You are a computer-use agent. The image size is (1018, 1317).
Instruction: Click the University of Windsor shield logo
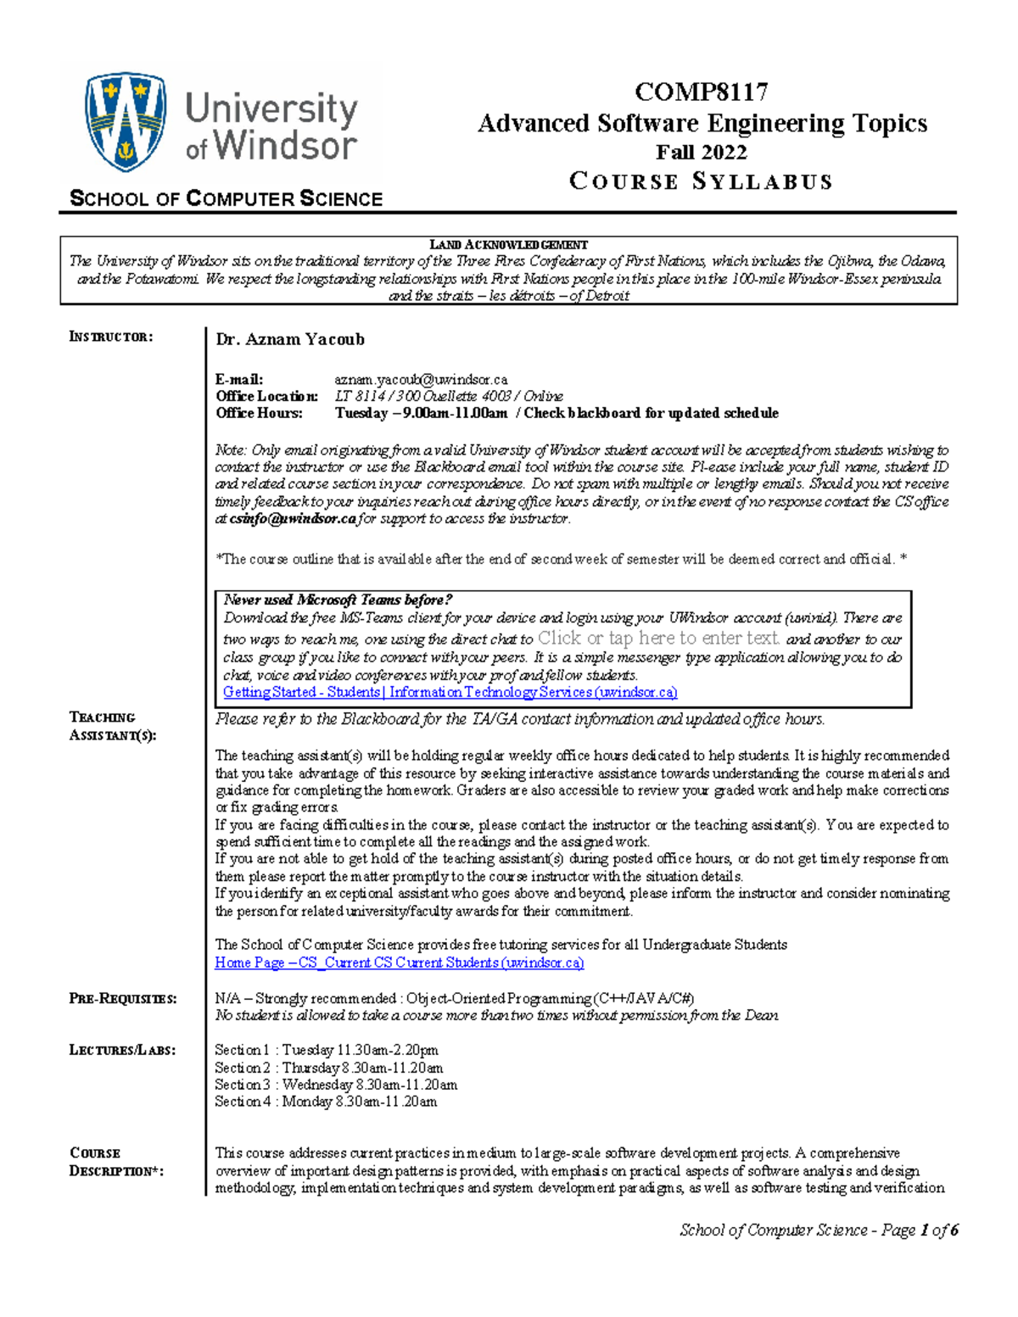pos(125,121)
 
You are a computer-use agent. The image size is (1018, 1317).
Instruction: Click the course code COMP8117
pos(701,92)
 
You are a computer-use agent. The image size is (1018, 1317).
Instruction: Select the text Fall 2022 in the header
pos(701,153)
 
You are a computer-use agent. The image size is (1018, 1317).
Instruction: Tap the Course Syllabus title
pos(701,181)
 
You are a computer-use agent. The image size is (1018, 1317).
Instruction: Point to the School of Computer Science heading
pos(226,199)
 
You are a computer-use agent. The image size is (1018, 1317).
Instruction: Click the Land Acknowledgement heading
pos(508,245)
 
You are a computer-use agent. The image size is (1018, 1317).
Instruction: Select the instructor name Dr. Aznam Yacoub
pos(289,339)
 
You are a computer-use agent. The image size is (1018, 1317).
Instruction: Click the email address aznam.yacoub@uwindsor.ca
pos(421,379)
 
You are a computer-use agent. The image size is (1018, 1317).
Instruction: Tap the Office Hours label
pos(259,413)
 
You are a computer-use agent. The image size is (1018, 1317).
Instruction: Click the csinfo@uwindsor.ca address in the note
pos(293,519)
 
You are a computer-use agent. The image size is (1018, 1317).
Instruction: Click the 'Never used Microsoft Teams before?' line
pos(338,600)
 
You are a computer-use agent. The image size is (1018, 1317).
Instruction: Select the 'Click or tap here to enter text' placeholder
pos(658,639)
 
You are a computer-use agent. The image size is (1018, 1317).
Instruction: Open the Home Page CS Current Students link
pos(399,963)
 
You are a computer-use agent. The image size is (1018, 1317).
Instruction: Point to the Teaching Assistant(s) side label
pos(112,727)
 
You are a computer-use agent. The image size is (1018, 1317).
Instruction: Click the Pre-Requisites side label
pos(122,999)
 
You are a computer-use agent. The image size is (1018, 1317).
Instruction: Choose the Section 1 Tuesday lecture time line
pos(326,1050)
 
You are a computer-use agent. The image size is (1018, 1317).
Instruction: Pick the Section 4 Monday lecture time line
pos(325,1102)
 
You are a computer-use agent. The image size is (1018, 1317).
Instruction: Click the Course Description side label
pos(115,1162)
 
